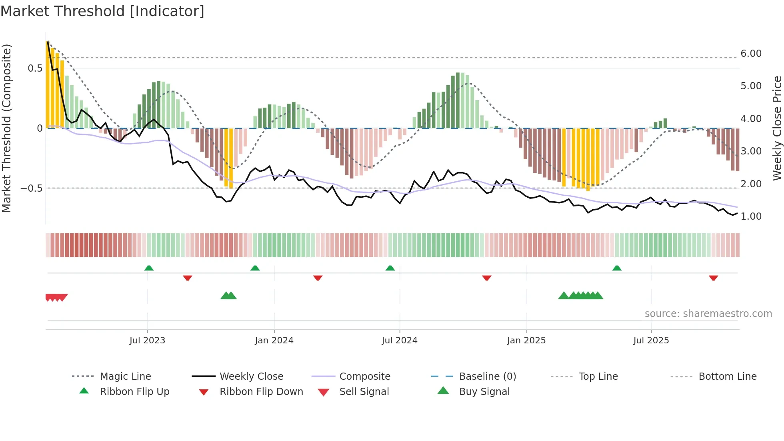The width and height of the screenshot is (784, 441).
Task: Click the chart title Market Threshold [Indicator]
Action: [x=102, y=11]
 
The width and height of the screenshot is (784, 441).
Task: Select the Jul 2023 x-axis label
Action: [x=147, y=341]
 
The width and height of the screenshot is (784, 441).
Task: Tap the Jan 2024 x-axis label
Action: [x=274, y=341]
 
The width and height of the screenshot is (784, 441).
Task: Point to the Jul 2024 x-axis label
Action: [x=399, y=341]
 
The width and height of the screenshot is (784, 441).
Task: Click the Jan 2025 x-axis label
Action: [x=526, y=341]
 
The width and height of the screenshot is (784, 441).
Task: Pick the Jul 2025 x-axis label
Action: [x=651, y=341]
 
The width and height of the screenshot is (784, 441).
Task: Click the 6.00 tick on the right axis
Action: [x=751, y=54]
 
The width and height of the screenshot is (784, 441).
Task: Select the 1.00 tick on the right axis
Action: [x=751, y=216]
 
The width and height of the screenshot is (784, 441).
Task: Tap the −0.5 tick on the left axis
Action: [x=32, y=188]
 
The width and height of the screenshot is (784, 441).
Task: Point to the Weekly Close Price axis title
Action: [x=777, y=128]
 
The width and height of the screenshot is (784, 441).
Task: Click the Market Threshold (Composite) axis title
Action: [x=6, y=128]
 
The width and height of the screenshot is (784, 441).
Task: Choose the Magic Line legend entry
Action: [x=125, y=377]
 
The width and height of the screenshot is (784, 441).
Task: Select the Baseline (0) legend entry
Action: [x=487, y=377]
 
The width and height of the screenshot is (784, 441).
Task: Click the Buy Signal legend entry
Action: [x=484, y=392]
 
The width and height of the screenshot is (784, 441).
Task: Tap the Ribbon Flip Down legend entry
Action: [x=261, y=392]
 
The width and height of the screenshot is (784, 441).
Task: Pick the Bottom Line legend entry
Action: [x=727, y=377]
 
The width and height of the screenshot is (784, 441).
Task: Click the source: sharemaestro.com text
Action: [x=708, y=314]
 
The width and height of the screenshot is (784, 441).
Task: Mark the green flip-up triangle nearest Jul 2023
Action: [x=149, y=268]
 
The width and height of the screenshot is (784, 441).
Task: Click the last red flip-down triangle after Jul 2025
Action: [x=713, y=278]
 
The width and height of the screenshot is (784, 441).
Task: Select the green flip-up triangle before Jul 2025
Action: [x=617, y=268]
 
